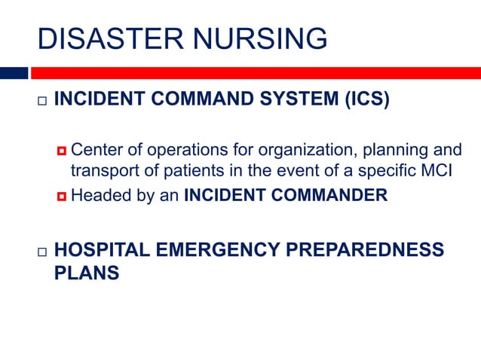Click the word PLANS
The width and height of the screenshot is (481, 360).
pyautogui.click(x=87, y=273)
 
